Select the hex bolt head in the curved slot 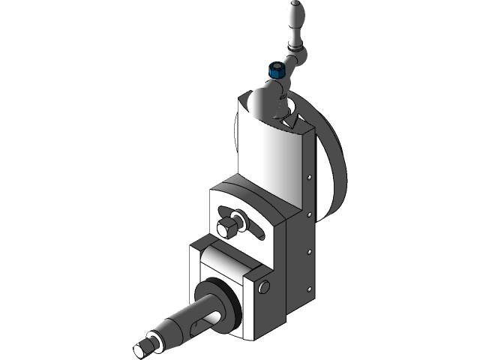pyautogui.click(x=224, y=226)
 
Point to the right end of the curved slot pyautogui.click(x=262, y=233)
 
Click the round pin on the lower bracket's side pyautogui.click(x=264, y=286)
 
